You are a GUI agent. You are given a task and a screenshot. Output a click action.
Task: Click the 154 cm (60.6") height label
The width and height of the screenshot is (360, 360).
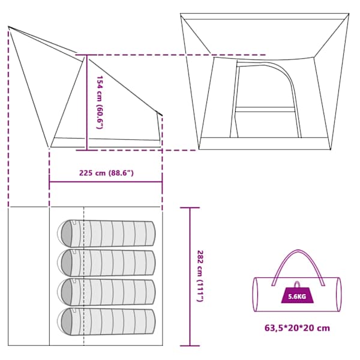pos(100,103)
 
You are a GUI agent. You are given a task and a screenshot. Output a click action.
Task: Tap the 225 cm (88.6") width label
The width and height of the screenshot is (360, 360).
pos(106,173)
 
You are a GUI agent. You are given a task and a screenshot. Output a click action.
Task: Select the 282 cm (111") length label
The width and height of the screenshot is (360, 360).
pos(200,276)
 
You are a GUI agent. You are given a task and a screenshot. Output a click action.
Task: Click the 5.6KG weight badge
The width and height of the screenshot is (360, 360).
pos(297,295)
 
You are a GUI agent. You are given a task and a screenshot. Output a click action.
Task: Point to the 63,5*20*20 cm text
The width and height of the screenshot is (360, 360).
pos(297,328)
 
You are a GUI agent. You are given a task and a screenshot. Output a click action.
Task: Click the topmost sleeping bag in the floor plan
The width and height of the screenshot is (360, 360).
pos(106,233)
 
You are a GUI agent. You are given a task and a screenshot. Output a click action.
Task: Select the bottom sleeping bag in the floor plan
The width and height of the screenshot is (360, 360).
pos(106,321)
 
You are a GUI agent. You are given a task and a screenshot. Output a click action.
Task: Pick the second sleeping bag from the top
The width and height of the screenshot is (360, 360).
pos(106,262)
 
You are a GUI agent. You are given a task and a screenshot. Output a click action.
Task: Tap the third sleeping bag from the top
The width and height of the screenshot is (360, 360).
pos(106,292)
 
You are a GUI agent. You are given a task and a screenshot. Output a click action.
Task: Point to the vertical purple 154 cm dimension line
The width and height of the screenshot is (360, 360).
pos(87,103)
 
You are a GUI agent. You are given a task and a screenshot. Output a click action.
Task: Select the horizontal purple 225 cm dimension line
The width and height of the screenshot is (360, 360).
pos(106,182)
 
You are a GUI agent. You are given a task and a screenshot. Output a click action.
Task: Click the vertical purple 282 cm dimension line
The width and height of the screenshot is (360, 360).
pos(190,277)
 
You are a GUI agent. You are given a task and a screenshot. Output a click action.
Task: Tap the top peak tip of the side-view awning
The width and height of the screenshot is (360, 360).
pos(9,27)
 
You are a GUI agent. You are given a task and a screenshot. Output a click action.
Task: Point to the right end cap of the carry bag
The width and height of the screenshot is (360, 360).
pos(338,295)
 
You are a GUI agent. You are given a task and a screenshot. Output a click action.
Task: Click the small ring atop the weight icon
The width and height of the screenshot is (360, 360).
pos(297,284)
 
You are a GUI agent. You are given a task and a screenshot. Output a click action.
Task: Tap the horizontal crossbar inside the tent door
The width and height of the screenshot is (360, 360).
pos(265,110)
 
